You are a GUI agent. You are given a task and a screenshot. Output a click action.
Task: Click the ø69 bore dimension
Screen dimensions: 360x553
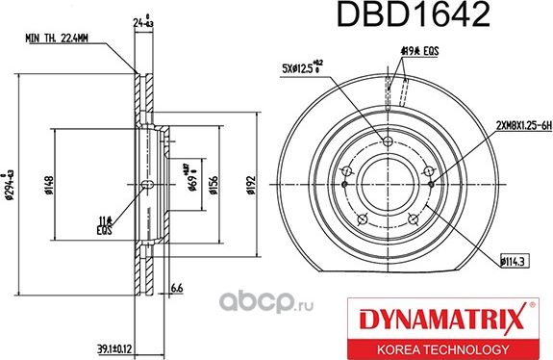point(192,180)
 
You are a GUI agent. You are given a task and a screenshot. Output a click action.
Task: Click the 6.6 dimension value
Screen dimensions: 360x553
point(177,288)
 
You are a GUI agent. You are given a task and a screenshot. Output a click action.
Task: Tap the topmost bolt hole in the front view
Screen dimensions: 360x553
point(389,142)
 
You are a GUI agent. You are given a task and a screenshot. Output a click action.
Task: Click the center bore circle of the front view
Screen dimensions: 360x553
point(389,180)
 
